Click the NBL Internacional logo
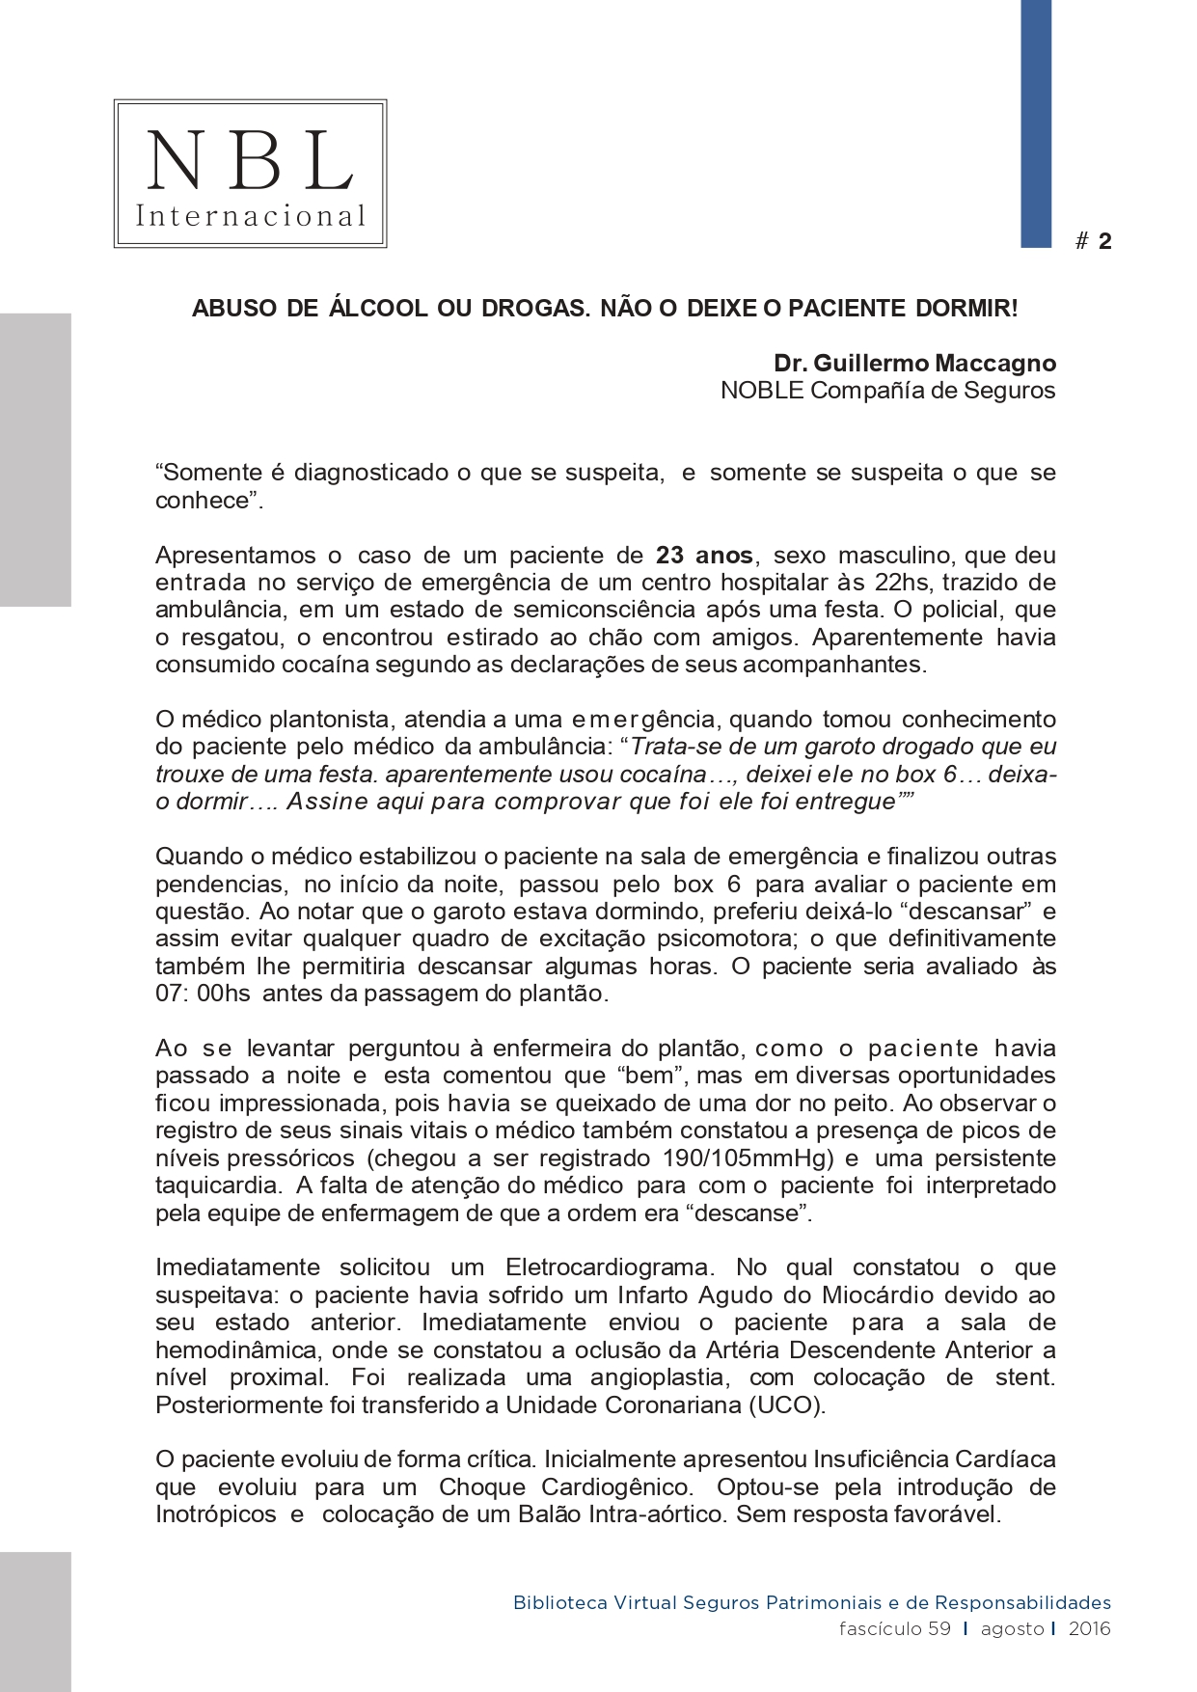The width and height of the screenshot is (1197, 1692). (x=251, y=174)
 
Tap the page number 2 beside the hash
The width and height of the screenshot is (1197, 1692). (x=1104, y=242)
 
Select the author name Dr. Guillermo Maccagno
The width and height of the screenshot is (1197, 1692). (x=914, y=364)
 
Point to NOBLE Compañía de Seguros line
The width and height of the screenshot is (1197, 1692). (x=887, y=391)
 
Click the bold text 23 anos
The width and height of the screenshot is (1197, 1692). (x=706, y=556)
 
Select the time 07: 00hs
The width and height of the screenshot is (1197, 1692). (x=203, y=994)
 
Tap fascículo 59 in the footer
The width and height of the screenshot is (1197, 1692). (x=894, y=1629)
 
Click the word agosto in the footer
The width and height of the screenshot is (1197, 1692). (x=1012, y=1629)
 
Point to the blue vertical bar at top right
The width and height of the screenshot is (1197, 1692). (x=1036, y=123)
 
